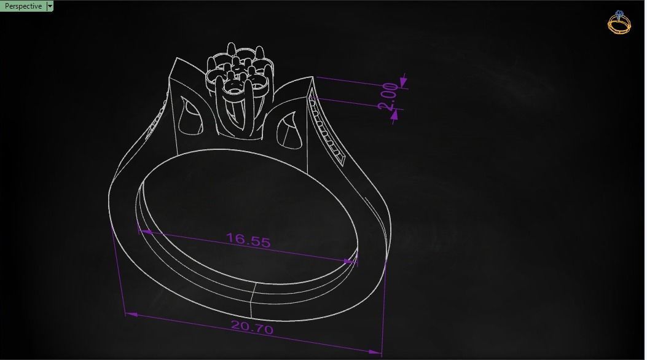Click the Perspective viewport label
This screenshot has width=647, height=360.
[x=23, y=6]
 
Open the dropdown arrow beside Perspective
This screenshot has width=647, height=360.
[x=50, y=6]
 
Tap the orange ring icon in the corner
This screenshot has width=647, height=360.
[x=619, y=23]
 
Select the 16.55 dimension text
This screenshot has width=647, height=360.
[x=248, y=240]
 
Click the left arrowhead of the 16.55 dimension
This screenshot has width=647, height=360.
[x=145, y=232]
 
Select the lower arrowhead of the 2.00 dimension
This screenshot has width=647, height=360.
[x=394, y=114]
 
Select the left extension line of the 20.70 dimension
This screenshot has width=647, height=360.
[x=118, y=270]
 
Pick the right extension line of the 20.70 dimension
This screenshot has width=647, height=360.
[x=385, y=307]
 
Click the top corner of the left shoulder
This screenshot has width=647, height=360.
[x=177, y=59]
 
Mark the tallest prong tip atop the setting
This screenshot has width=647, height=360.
[x=231, y=46]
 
